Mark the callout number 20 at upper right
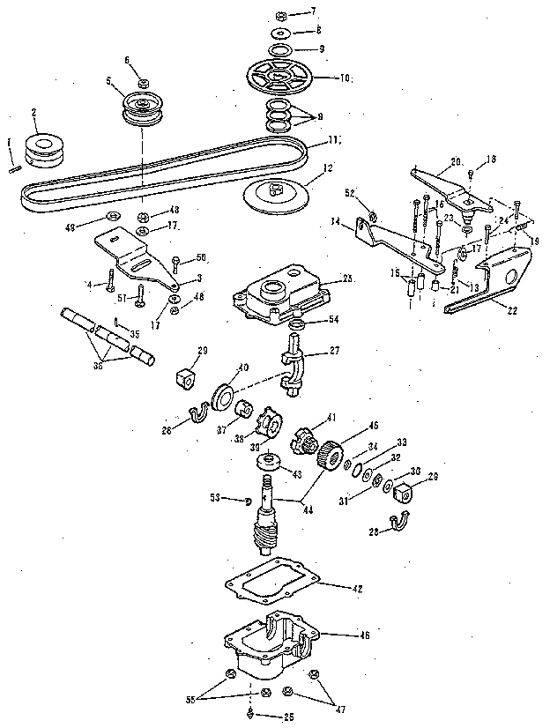tap(457, 161)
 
